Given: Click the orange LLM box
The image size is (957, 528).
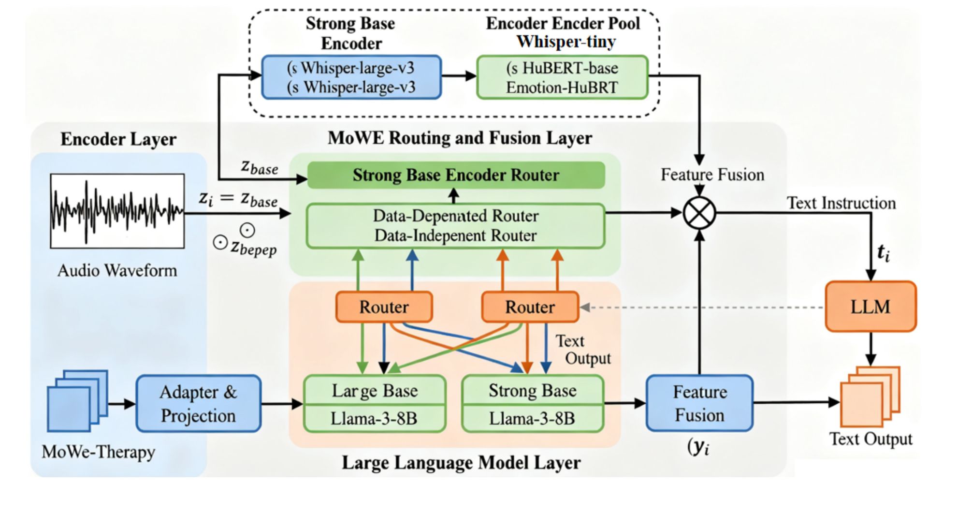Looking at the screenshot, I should point(870,307).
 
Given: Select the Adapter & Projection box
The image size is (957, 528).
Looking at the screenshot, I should point(199,403).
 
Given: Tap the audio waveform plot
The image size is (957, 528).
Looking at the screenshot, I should point(117,211).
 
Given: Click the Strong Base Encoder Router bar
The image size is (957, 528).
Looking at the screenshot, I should point(456,175).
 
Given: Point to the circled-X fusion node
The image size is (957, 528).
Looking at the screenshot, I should point(699,213).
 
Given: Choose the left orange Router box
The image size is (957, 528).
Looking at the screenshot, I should point(384,307).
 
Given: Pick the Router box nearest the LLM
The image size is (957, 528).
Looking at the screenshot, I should point(530,307).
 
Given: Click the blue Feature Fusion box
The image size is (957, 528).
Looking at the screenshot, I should point(699,403).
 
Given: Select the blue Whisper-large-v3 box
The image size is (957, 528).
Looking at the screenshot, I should point(351,77).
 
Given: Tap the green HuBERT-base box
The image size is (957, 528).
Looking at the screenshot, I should point(562,77).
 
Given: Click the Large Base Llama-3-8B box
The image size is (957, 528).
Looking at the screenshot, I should point(375,404).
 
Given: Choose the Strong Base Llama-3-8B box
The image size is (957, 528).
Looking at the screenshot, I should point(533,404).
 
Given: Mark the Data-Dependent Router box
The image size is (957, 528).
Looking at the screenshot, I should point(455,226).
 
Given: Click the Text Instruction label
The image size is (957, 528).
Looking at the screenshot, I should point(841,203).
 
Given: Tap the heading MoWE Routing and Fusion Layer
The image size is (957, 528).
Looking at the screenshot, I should point(460,138).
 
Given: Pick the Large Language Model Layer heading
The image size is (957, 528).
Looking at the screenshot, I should point(461,463).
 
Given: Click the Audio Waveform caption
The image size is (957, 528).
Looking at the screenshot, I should point(117,270).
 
